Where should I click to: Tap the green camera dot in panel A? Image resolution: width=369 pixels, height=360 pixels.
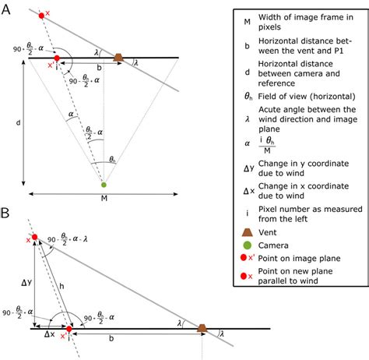(104, 185)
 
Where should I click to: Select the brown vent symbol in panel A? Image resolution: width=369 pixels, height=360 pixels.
(118, 57)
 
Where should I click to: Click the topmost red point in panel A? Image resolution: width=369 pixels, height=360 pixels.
(41, 15)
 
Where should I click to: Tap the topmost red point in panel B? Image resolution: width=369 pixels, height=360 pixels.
(34, 237)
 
